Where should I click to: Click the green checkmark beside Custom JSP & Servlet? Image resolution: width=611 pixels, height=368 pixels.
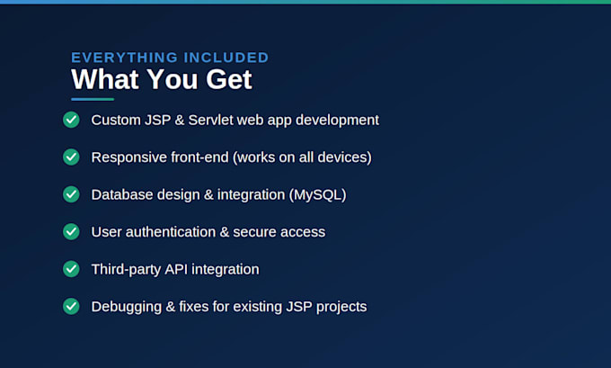coord(71,120)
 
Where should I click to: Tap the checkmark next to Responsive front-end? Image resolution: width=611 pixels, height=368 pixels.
coord(71,157)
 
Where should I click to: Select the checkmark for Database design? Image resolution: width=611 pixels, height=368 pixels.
coord(71,194)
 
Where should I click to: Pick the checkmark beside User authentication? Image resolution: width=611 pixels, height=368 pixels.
coord(71,232)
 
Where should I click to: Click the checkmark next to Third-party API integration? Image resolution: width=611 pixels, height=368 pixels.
coord(71,269)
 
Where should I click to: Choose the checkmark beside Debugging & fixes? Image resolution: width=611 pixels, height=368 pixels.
coord(71,306)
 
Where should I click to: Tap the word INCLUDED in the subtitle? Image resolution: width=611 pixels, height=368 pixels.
coord(226,58)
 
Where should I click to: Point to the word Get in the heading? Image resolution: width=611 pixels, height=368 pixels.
coord(229,79)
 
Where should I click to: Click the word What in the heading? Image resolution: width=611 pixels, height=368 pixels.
coord(105,79)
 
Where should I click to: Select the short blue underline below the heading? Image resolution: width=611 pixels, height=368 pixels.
coord(93,99)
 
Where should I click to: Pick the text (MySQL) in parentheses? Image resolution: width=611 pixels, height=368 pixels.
coord(317,194)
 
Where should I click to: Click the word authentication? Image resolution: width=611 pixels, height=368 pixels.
coord(171,232)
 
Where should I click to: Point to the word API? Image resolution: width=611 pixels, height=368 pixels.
coord(176,269)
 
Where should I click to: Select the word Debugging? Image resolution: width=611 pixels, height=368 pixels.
coord(127,307)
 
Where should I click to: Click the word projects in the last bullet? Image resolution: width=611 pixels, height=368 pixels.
coord(341,307)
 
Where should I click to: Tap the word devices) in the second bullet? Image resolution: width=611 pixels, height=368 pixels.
coord(344,157)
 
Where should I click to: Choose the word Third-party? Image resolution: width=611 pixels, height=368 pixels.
coord(127,270)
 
